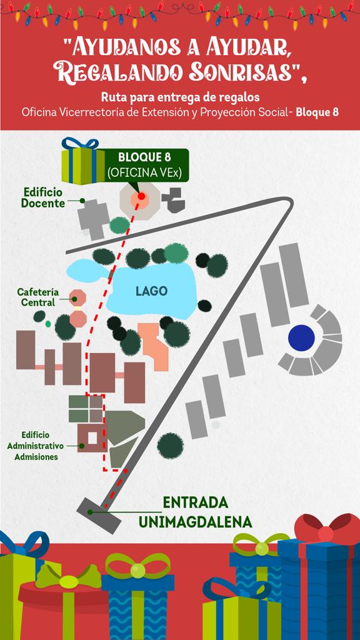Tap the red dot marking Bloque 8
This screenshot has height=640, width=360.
(x=141, y=196)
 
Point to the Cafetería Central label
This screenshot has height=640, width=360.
(x=38, y=297)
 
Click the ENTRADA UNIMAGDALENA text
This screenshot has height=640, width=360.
(x=195, y=512)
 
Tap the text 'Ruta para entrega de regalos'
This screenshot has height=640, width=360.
(x=181, y=98)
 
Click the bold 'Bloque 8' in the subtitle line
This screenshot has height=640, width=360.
(x=317, y=112)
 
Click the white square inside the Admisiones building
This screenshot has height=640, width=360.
(x=92, y=437)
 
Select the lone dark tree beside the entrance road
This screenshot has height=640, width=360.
(x=170, y=446)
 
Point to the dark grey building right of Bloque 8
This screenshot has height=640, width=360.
(x=173, y=200)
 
